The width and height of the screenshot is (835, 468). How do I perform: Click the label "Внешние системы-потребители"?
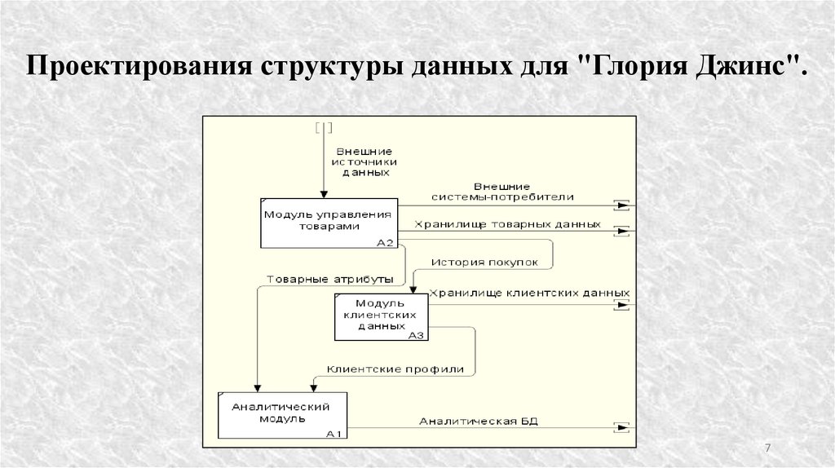(x=514, y=192)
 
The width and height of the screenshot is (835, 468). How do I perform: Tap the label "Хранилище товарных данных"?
(x=508, y=223)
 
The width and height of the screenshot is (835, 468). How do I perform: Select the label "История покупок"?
(x=484, y=263)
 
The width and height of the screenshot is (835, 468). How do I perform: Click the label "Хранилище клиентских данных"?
(x=529, y=292)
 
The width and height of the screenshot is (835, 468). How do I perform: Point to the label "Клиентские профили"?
(x=395, y=369)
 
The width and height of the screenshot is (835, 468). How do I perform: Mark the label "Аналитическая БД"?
(x=479, y=421)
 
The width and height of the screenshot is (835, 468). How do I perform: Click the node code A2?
(x=386, y=242)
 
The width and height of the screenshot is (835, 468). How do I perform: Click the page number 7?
(x=767, y=448)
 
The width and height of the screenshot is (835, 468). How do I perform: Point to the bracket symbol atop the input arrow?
(x=323, y=126)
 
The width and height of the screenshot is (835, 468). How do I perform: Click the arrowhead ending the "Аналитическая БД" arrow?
(x=623, y=427)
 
